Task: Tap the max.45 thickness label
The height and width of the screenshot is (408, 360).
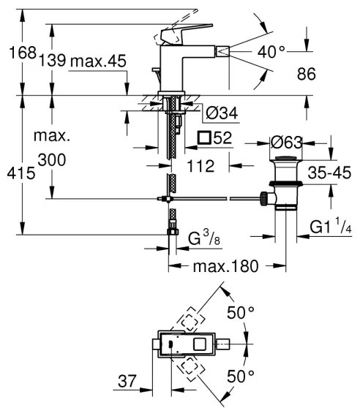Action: tap(99, 62)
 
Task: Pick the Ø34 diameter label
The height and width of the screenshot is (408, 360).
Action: tap(221, 113)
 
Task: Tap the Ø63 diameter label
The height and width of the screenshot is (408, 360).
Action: tap(287, 143)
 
